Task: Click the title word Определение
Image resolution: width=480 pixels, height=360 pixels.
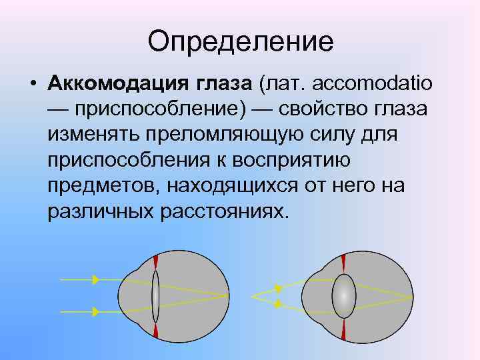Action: pyautogui.click(x=240, y=41)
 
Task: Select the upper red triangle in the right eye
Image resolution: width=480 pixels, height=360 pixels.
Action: pyautogui.click(x=343, y=262)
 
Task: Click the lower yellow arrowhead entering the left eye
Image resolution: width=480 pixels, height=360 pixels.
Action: pyautogui.click(x=96, y=311)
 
